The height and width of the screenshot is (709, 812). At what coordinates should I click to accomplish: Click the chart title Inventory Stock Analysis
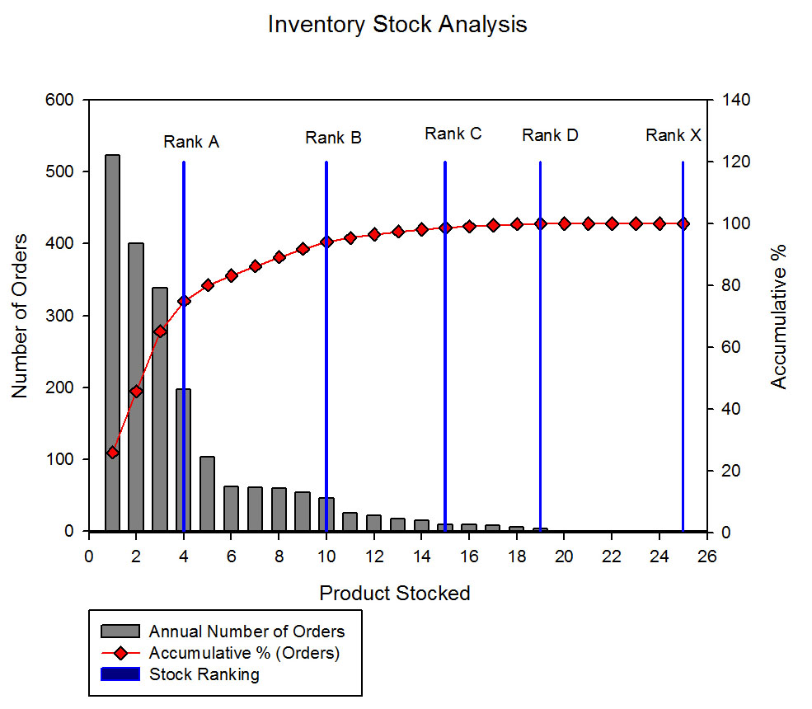[397, 25]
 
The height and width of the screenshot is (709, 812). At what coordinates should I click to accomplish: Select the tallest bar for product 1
[112, 342]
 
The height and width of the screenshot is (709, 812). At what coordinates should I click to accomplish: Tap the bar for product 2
[136, 387]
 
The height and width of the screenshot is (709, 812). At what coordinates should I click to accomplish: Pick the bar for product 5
[207, 494]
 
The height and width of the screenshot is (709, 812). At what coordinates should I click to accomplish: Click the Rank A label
[191, 142]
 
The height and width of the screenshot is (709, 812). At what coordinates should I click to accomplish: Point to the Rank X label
[673, 135]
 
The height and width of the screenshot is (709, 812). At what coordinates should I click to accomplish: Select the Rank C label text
[453, 134]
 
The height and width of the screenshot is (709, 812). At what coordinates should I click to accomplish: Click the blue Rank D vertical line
[540, 346]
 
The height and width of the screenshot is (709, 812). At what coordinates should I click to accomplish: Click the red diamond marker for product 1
[113, 453]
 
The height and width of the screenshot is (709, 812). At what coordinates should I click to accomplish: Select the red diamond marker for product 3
[160, 331]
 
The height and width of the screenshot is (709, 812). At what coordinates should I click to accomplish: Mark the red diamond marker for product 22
[612, 223]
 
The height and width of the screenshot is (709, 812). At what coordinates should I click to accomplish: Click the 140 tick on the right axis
[737, 100]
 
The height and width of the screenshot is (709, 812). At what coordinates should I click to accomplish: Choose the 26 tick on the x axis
[706, 555]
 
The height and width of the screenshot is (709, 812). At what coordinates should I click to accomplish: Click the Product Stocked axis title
[395, 593]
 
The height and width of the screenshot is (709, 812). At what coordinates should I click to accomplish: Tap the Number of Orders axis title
[20, 316]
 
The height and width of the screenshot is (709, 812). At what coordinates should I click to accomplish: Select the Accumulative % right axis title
[778, 316]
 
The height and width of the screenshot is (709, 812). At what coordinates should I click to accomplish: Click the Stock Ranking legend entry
[204, 674]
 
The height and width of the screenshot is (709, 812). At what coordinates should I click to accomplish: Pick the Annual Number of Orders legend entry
[246, 632]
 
